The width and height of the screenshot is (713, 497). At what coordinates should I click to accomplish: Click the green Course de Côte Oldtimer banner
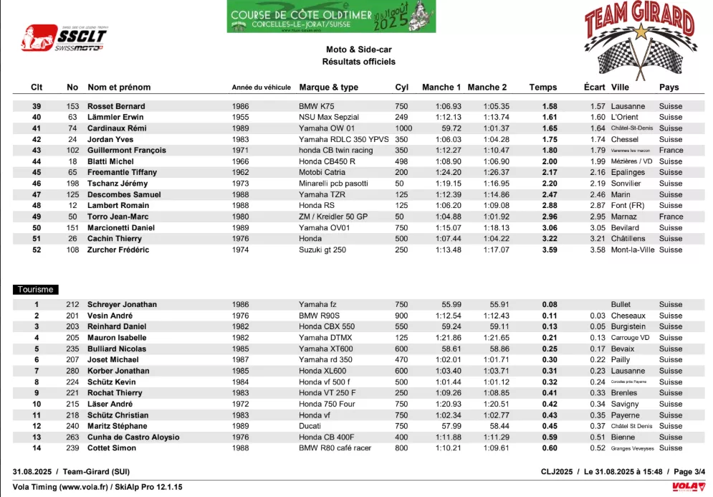[331, 16]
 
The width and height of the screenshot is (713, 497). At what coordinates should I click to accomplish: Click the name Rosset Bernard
[115, 106]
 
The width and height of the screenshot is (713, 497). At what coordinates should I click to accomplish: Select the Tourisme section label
[34, 290]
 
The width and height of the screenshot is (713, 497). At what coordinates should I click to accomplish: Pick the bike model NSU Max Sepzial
[329, 117]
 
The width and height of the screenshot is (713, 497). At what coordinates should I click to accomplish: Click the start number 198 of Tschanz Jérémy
[72, 184]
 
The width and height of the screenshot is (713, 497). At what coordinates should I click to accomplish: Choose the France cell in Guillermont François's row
[671, 151]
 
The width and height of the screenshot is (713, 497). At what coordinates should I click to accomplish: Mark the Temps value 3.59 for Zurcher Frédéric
[550, 250]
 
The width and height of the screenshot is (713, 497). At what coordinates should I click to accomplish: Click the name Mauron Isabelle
[117, 338]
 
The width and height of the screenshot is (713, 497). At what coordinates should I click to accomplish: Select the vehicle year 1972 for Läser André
[241, 404]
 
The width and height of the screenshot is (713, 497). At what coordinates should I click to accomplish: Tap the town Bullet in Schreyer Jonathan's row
[621, 305]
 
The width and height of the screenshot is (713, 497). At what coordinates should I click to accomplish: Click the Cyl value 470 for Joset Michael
[401, 360]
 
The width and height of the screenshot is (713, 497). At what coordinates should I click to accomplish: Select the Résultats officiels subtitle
[358, 62]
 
